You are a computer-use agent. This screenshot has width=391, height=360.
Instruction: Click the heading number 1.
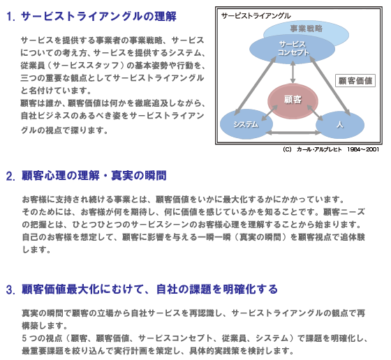click(10, 17)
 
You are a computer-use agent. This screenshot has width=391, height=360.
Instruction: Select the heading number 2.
click(10, 177)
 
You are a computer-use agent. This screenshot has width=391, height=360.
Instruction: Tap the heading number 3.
click(10, 290)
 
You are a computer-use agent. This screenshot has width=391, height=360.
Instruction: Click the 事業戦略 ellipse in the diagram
click(307, 29)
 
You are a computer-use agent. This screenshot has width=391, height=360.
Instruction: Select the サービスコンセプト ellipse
click(293, 49)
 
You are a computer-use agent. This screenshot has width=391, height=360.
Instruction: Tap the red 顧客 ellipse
click(293, 100)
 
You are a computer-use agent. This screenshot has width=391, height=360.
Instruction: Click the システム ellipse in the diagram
click(246, 124)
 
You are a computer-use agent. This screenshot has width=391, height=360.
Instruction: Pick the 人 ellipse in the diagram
click(340, 125)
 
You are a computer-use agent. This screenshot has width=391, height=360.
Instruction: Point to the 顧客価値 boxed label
click(355, 80)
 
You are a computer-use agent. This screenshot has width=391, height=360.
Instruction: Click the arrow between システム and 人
click(294, 133)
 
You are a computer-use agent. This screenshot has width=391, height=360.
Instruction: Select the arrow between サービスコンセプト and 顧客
click(293, 72)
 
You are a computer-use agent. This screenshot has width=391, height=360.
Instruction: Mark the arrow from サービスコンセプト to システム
click(256, 86)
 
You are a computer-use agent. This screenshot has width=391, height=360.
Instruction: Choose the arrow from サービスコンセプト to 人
click(330, 87)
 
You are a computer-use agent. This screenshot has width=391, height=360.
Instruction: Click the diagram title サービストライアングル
click(256, 16)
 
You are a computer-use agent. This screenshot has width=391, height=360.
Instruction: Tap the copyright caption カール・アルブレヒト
click(319, 149)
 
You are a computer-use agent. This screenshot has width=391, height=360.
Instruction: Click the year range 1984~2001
click(363, 149)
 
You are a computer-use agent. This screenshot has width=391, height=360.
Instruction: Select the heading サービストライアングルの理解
click(98, 17)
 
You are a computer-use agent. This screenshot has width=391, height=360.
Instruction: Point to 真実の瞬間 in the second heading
click(139, 176)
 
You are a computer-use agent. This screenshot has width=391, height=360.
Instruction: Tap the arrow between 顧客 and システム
click(270, 113)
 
